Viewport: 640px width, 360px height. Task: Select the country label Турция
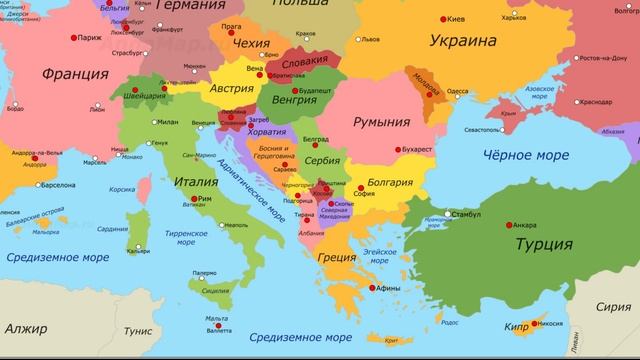[543, 245]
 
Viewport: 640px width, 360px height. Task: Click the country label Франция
[76, 73]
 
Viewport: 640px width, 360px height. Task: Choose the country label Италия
[196, 182]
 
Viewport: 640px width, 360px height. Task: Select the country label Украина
[463, 41]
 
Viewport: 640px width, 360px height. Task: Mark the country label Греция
[337, 257]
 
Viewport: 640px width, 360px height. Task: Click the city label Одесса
[457, 91]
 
